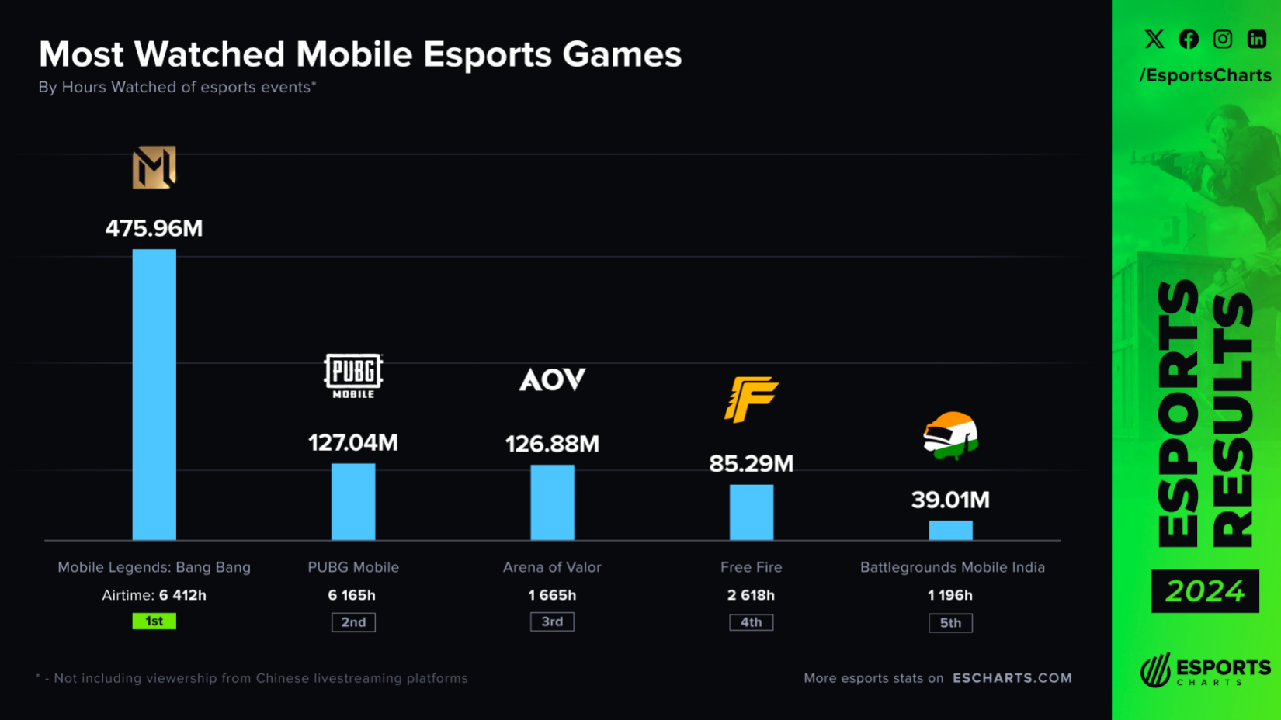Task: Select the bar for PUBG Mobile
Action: tap(353, 501)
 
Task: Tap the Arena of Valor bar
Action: tap(552, 502)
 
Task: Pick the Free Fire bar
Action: tap(751, 512)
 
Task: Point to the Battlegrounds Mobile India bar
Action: tap(950, 530)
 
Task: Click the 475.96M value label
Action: tap(154, 228)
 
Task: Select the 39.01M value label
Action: tap(950, 500)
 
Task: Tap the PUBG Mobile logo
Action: tap(353, 376)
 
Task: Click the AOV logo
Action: tap(552, 379)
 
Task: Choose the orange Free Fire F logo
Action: tap(751, 399)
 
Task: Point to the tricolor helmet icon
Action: tap(950, 435)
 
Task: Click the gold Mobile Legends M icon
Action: tap(154, 167)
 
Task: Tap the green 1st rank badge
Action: tap(154, 621)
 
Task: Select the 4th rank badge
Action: tap(751, 622)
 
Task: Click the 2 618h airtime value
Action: tap(751, 595)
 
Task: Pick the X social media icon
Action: tap(1154, 39)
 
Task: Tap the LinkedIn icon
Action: tap(1257, 39)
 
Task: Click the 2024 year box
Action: tap(1205, 591)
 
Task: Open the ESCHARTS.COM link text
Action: tap(1012, 678)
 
